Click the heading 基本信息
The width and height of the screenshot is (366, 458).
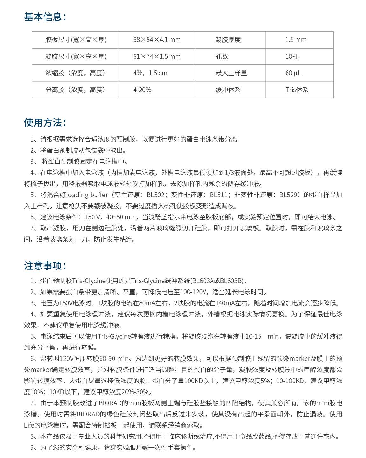click(x=45, y=17)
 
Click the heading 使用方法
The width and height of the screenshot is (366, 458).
click(x=45, y=123)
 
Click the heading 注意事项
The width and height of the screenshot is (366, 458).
click(x=45, y=266)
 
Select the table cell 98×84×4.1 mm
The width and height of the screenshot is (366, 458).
click(x=157, y=40)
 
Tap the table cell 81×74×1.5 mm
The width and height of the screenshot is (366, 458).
click(x=157, y=56)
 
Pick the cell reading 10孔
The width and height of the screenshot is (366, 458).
click(x=292, y=56)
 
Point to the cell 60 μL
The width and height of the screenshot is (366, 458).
click(x=293, y=73)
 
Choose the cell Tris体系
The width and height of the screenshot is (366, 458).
click(x=297, y=90)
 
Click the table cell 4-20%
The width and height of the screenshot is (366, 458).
click(x=142, y=90)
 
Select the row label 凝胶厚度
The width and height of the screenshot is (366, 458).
click(x=228, y=40)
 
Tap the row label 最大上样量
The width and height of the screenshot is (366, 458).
click(x=231, y=73)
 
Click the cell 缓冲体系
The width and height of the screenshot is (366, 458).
click(x=228, y=90)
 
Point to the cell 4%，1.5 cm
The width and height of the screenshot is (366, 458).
click(x=150, y=73)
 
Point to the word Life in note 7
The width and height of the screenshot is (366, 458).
click(x=30, y=425)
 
